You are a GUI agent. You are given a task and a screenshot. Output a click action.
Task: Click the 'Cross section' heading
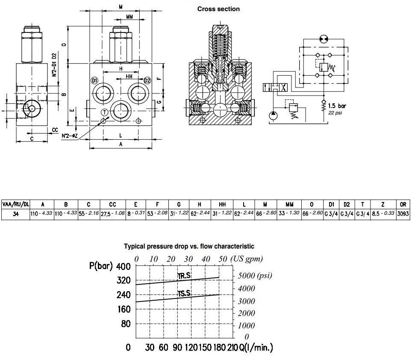coord(218,9)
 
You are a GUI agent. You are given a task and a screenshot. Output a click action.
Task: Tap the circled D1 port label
coord(95,81)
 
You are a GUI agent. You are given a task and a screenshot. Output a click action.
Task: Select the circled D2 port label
coord(147,81)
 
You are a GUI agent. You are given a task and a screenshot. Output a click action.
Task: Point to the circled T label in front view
coord(104,112)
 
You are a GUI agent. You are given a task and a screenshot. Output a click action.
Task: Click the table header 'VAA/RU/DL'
coord(15,204)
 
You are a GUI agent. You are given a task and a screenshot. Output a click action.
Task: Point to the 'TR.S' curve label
coord(184,276)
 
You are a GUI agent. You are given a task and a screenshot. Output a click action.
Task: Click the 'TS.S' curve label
coord(184,293)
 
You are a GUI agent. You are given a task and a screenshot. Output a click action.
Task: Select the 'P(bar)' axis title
coord(101,266)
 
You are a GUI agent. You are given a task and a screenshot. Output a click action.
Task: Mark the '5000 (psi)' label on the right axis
coord(255,275)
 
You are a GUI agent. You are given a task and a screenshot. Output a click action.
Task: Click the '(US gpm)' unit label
coord(246,259)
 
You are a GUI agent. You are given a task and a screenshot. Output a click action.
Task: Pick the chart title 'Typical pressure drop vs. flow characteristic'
coord(189,246)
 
